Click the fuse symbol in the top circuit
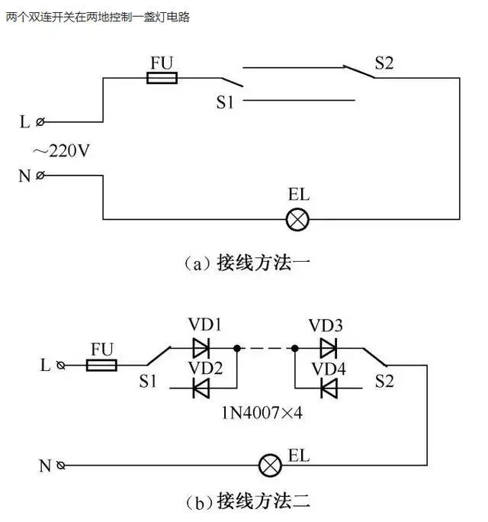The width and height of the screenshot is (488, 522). [161, 77]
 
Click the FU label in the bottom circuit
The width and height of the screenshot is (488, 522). [102, 349]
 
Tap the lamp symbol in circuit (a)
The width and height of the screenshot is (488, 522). [297, 220]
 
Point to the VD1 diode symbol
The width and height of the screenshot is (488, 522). [201, 349]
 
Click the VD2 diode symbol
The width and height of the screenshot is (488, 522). [201, 388]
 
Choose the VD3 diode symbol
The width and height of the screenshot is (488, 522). [329, 349]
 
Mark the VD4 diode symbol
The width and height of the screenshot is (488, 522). [329, 388]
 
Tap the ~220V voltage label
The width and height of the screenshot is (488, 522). [61, 150]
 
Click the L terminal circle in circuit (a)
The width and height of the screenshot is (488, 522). [40, 121]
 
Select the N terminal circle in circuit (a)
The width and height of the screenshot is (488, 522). [40, 176]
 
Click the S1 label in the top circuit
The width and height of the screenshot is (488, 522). [224, 102]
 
